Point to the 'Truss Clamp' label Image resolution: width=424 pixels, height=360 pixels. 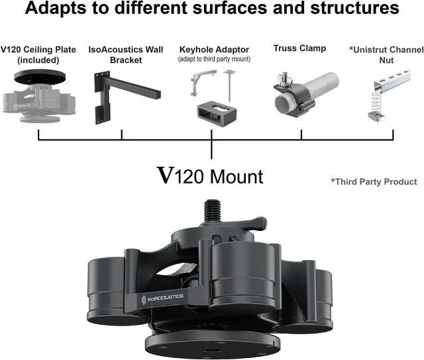pyautogui.click(x=299, y=48)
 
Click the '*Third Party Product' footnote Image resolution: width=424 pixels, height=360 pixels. pyautogui.click(x=374, y=181)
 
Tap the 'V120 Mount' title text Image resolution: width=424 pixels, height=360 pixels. pyautogui.click(x=209, y=176)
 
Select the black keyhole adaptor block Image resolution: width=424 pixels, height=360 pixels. pyautogui.click(x=214, y=113)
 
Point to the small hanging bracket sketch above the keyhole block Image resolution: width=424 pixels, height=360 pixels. pyautogui.click(x=198, y=83)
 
